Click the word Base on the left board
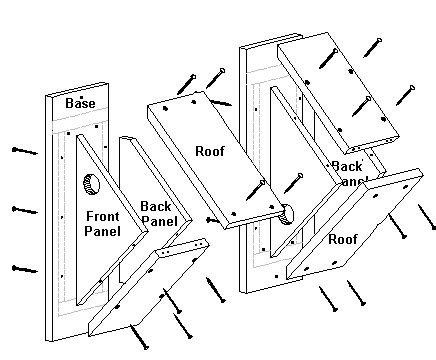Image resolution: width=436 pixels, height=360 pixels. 80,104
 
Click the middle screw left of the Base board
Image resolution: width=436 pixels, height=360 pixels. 22,209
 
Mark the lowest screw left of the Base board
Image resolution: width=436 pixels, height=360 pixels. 22,267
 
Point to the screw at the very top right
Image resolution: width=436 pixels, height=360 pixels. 374,45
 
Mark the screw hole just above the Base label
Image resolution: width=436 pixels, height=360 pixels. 69,91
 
